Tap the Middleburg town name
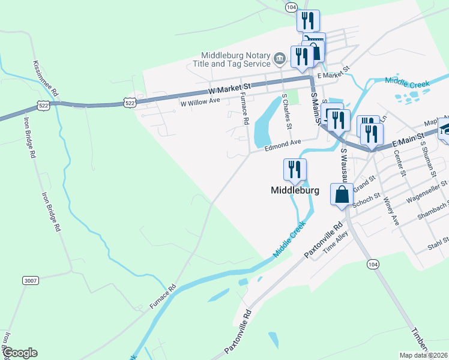tap(295, 190)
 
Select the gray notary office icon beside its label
tap(280, 58)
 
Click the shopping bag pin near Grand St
tap(342, 195)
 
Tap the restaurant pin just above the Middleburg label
tap(295, 170)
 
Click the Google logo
tap(20, 352)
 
